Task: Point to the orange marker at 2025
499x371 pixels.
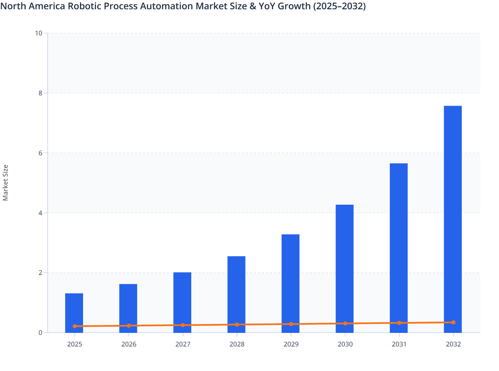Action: (75, 326)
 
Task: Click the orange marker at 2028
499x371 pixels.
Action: (237, 325)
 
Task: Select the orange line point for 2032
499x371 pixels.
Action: (453, 322)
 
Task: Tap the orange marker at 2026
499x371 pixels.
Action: (129, 326)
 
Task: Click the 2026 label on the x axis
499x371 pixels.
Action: (129, 344)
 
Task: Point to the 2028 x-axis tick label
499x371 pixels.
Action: (237, 344)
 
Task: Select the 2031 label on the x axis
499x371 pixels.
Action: (399, 344)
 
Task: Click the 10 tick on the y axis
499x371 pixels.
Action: (38, 33)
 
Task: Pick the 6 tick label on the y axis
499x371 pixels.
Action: (40, 153)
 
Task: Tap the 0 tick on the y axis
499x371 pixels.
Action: (40, 333)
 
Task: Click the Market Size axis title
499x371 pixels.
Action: (5, 183)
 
